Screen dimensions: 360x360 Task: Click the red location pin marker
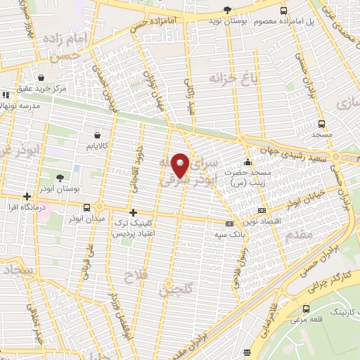tap(181, 165)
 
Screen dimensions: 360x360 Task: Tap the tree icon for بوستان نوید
tap(226, 9)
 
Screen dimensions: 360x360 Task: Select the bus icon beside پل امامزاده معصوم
tap(283, 11)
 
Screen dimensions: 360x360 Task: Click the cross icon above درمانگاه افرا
tap(27, 196)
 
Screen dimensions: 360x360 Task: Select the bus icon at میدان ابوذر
tap(86, 207)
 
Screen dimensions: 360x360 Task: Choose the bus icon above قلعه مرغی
tap(306, 309)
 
